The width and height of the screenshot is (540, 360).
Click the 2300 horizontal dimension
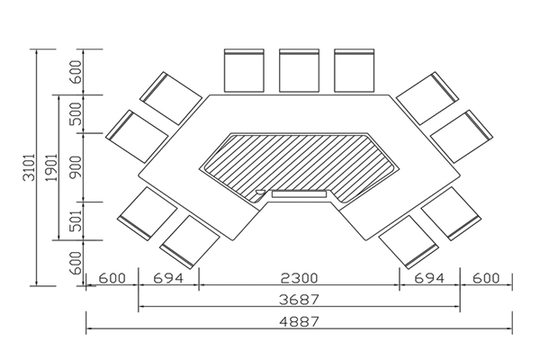[x=300, y=278]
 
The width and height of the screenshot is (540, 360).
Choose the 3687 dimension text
[x=300, y=299]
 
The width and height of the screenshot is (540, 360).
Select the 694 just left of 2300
[x=168, y=278]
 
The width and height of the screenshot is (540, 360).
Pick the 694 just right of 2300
[x=430, y=278]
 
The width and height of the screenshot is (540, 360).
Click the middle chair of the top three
[x=300, y=70]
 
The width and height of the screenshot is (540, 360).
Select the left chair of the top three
[x=244, y=70]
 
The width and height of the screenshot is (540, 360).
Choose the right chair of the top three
[x=355, y=70]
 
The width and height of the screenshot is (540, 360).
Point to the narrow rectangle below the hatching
[x=298, y=193]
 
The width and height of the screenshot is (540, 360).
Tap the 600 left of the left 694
[x=112, y=278]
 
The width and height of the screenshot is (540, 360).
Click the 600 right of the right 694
[x=487, y=278]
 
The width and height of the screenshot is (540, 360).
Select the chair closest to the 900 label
[x=136, y=137]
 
